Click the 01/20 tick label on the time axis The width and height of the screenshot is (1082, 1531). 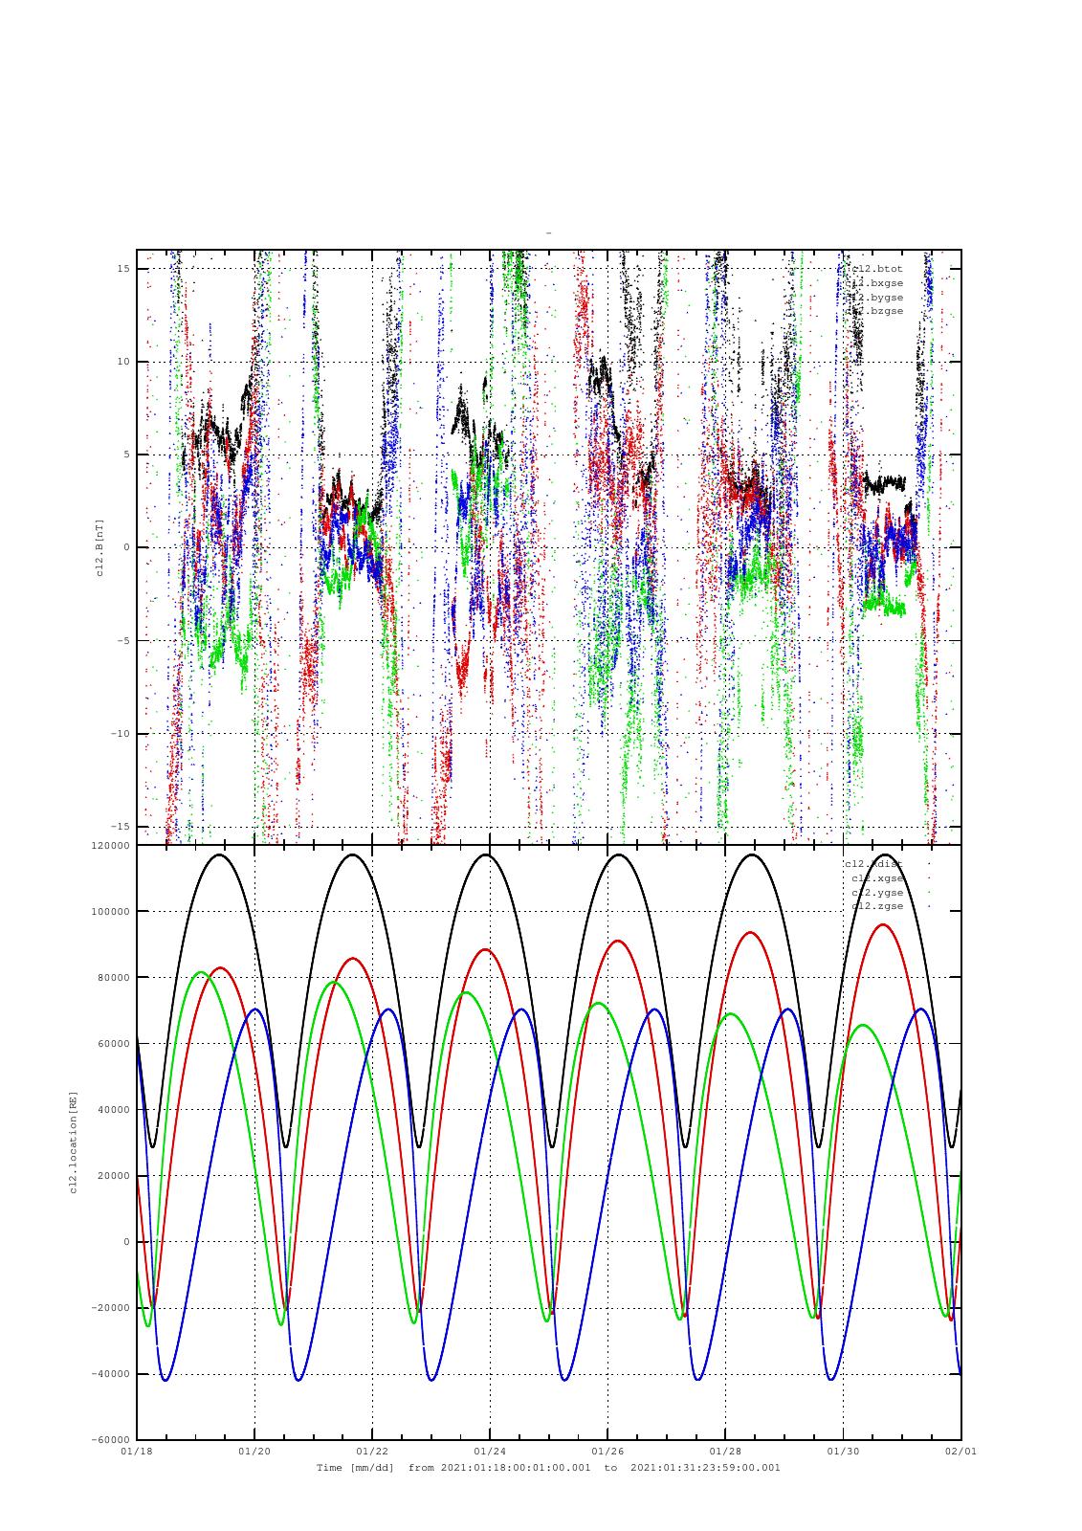(x=254, y=1452)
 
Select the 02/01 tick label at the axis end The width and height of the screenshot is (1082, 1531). (x=961, y=1452)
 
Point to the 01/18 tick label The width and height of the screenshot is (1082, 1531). (x=137, y=1452)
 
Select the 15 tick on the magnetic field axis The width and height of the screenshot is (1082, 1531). (x=123, y=269)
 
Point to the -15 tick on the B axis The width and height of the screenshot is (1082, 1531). (x=121, y=826)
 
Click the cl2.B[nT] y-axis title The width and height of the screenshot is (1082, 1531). (x=99, y=547)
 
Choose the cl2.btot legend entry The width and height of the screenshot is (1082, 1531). (x=876, y=269)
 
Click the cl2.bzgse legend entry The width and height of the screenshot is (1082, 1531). (x=876, y=311)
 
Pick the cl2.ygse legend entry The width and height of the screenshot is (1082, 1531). (x=876, y=893)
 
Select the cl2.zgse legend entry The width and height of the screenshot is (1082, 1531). (x=876, y=906)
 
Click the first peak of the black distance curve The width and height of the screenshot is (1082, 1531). (x=220, y=854)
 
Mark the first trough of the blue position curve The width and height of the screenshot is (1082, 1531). (x=166, y=1380)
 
